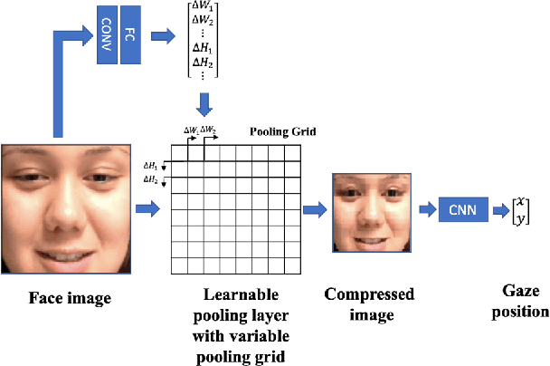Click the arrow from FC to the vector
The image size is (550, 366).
[163, 37]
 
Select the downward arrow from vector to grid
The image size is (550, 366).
[204, 104]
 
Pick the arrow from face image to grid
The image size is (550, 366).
[147, 209]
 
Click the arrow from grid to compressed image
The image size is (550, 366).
[313, 209]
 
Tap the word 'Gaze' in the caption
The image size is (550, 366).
[521, 292]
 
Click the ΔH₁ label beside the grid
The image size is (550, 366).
[151, 166]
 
